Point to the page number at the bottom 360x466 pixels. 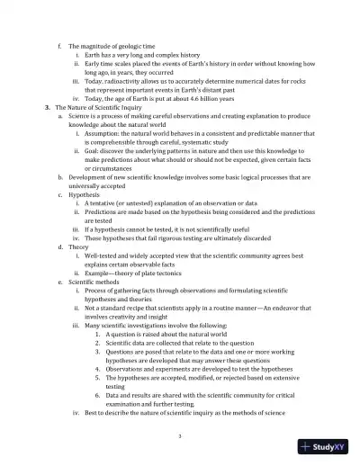(180, 436)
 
